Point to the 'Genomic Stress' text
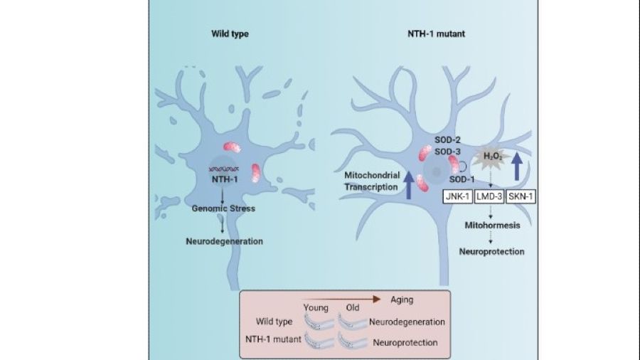[x=222, y=208]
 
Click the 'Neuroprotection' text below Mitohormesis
[x=491, y=252]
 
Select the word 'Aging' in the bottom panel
[x=404, y=300]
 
